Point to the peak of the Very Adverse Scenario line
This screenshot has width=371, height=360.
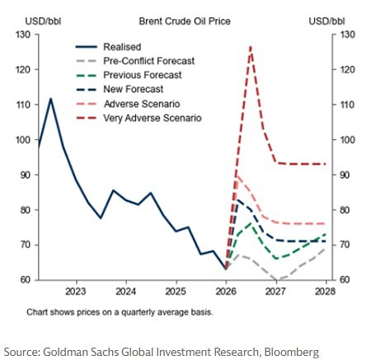[x=250, y=47]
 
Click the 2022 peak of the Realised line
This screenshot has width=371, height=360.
[x=51, y=99]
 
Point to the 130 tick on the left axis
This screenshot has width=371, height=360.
[x=24, y=35]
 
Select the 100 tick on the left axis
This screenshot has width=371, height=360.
[x=24, y=140]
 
